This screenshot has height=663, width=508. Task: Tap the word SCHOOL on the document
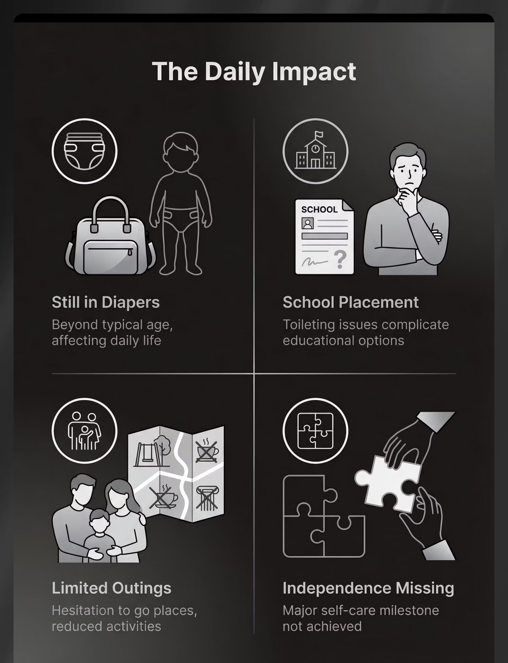pos(319,209)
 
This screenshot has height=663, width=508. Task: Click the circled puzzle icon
pos(315,430)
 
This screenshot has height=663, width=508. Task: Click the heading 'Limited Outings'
pos(112,588)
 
